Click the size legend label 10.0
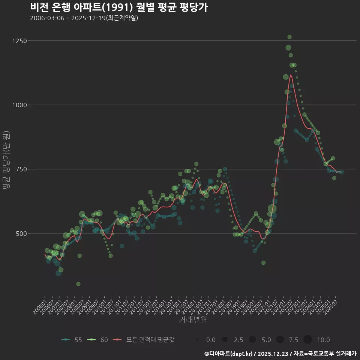[323, 340]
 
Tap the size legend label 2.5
[238, 340]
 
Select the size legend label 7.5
[294, 340]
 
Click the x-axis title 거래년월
[193, 320]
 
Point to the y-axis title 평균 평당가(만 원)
[6, 161]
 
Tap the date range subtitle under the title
[84, 18]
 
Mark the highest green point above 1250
[289, 37]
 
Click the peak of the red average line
[291, 75]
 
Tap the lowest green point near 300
[78, 284]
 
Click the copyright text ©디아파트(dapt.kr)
[230, 353]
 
